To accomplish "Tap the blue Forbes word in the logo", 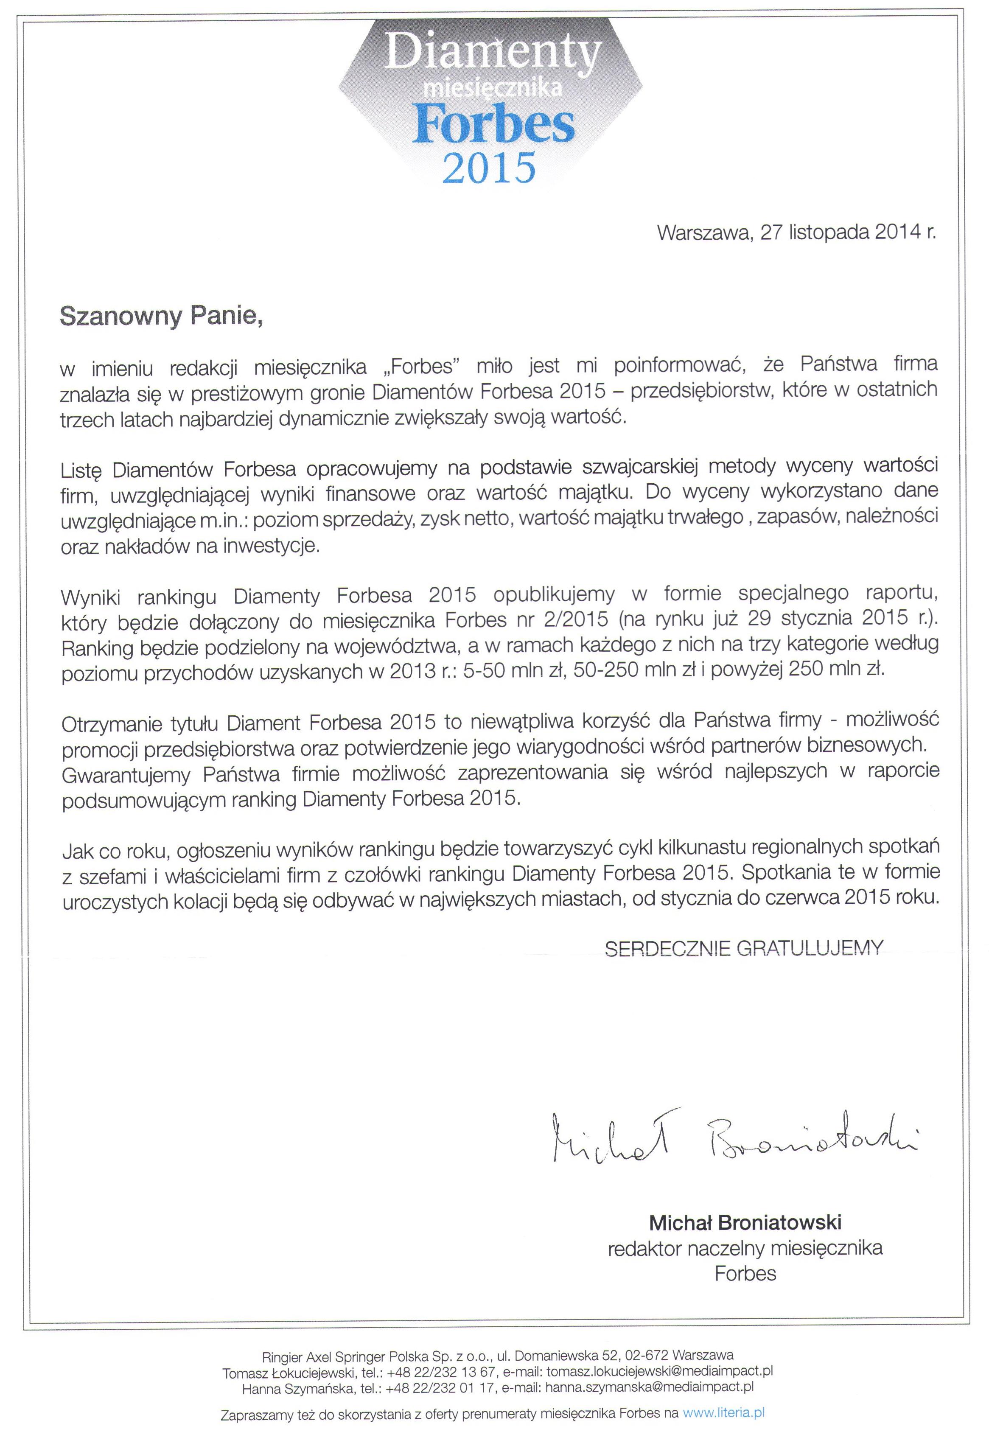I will click(493, 124).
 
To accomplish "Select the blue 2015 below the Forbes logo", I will click(489, 167).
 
